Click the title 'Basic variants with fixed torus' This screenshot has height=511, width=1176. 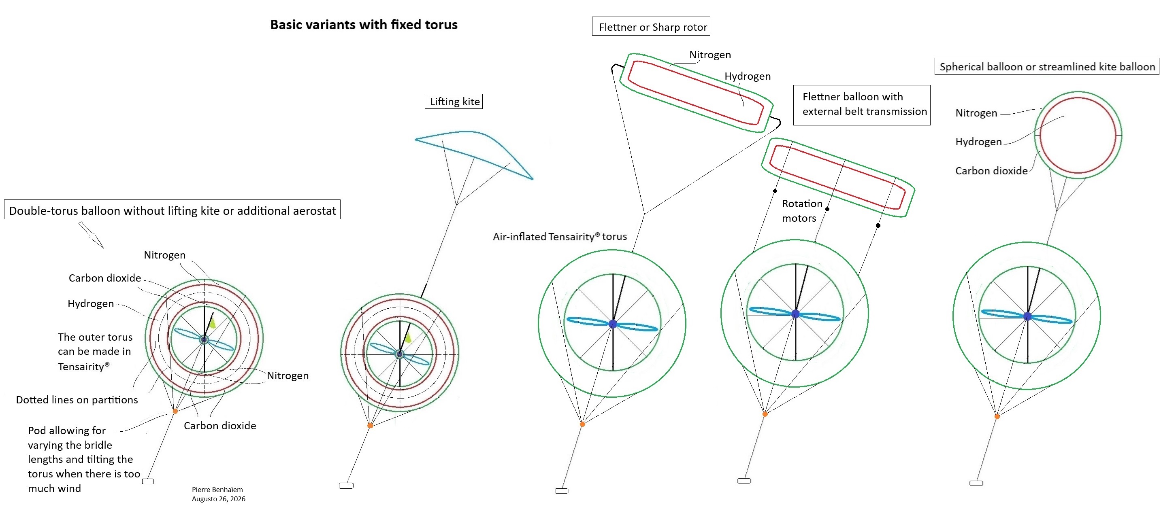click(364, 25)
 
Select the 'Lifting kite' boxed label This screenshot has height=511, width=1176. click(454, 101)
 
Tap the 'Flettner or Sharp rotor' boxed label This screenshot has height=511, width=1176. click(651, 26)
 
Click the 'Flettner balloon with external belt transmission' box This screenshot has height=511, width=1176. click(862, 105)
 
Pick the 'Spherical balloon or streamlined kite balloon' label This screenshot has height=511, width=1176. click(1047, 67)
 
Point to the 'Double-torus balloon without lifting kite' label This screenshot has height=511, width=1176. click(172, 210)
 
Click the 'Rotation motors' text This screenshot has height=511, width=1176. click(802, 210)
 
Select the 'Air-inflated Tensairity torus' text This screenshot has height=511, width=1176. click(560, 236)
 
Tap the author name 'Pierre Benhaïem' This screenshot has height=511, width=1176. click(217, 490)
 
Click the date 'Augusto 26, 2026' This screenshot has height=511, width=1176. click(218, 499)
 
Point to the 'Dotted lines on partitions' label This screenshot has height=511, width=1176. click(77, 400)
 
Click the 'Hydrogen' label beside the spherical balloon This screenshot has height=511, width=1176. click(978, 142)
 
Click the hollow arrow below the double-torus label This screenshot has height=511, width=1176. click(91, 235)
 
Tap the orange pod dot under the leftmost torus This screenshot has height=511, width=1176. click(175, 411)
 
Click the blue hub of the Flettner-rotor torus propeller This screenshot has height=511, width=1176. click(613, 324)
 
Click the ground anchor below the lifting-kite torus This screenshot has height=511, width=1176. click(346, 486)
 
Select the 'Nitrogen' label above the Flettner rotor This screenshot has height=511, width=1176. click(710, 55)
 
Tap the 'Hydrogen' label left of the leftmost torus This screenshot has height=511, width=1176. click(90, 303)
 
